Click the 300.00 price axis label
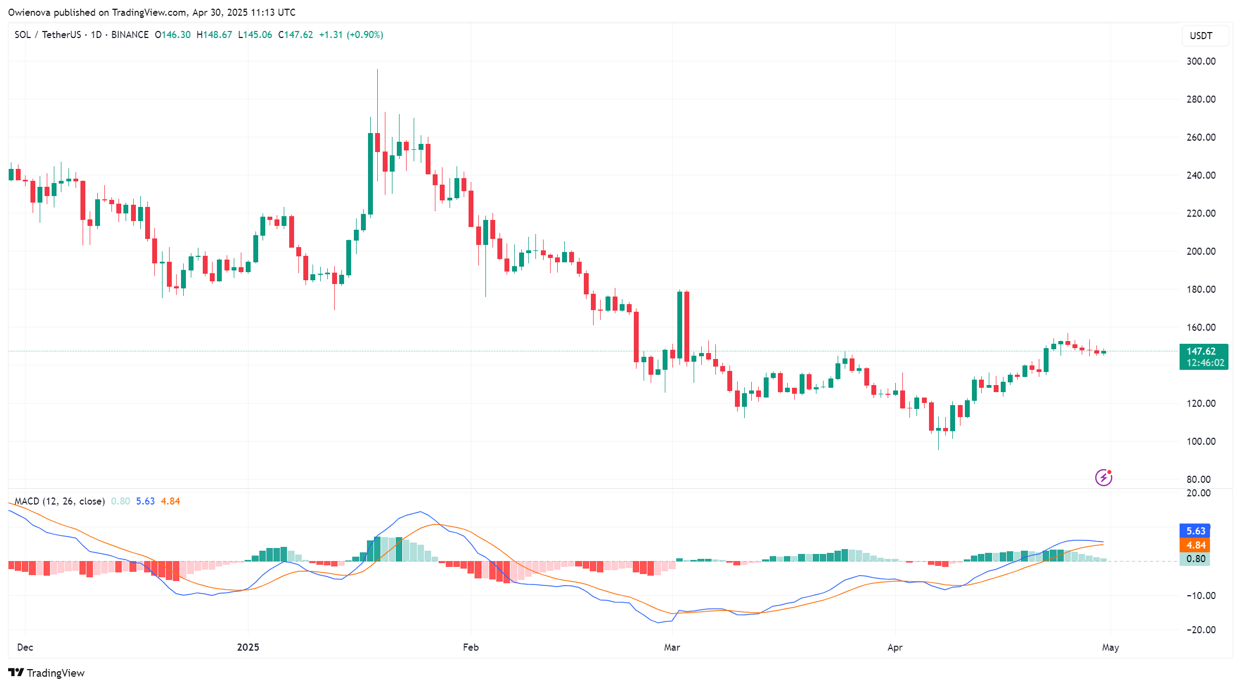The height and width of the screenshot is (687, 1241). tap(1201, 61)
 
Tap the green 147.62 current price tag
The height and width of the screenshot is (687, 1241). tap(1203, 357)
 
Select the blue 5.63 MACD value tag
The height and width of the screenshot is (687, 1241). tap(1195, 531)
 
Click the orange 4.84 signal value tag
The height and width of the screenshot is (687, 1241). tap(1195, 545)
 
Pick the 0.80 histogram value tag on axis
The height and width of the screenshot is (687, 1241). tap(1195, 559)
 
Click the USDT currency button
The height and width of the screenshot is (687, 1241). tap(1201, 36)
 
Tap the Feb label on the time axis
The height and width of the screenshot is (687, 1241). tap(471, 647)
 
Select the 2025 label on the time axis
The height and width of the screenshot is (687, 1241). tap(248, 647)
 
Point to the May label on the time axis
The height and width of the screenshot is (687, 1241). tap(1110, 647)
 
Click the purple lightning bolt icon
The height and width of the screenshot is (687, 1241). tap(1103, 478)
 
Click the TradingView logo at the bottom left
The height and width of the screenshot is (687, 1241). tap(47, 673)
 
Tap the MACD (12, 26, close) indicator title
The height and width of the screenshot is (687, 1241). tap(59, 501)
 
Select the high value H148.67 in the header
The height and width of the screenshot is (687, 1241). tap(214, 35)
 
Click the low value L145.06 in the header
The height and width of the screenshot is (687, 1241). tap(255, 35)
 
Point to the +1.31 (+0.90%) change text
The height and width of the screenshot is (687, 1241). tap(351, 35)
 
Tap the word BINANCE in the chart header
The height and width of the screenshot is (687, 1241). tap(130, 35)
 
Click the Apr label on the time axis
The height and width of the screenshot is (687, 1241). tap(895, 647)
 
